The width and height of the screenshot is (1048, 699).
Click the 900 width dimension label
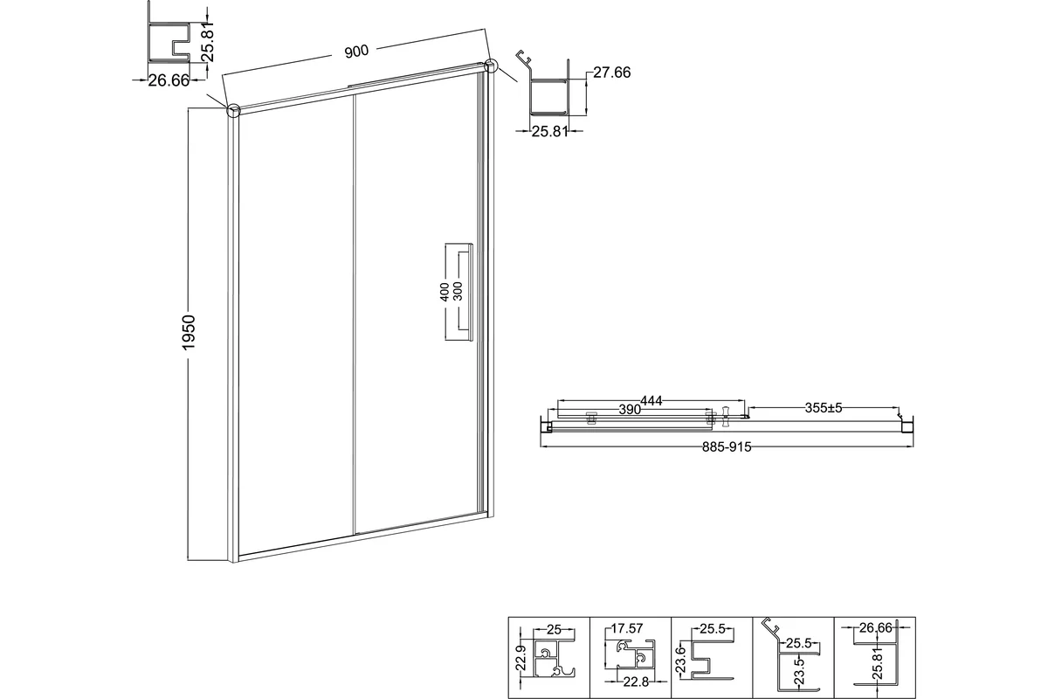[356, 51]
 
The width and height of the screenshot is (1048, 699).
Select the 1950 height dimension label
[189, 332]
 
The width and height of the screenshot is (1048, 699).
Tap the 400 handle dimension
[445, 292]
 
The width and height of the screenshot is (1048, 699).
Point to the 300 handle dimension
[458, 291]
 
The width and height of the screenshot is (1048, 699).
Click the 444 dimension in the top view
[652, 401]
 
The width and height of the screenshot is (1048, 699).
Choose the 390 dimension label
[630, 410]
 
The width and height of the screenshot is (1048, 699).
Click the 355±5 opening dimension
[824, 408]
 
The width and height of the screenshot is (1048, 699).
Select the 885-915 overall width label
[727, 447]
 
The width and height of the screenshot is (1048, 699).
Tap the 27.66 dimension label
[612, 73]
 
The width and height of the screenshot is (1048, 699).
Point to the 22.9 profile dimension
[521, 658]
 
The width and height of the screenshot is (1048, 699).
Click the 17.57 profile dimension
[627, 628]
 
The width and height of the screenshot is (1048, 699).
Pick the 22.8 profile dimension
[636, 682]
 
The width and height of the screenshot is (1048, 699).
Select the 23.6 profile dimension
[680, 660]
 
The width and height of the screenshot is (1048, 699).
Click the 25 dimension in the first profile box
[554, 630]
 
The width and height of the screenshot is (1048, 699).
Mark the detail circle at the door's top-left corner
[233, 110]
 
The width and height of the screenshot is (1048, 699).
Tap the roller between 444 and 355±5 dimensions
[726, 416]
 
